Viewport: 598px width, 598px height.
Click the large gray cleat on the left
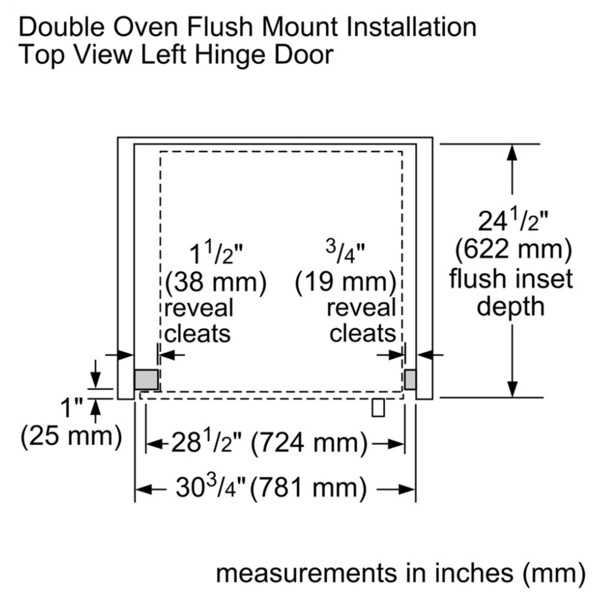point(146,380)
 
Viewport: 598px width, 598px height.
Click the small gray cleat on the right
point(410,380)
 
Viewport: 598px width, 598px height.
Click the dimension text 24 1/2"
point(513,221)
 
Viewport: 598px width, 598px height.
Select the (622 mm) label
point(513,250)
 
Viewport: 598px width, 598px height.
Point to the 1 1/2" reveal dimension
point(216,254)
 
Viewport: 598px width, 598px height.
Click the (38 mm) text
point(216,283)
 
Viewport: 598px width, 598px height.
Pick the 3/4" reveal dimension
point(346,252)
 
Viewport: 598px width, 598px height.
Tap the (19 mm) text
point(346,283)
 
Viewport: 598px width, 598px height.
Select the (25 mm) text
point(71,436)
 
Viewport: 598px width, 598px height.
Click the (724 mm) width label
point(309,444)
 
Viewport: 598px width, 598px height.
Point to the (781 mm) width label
point(308,488)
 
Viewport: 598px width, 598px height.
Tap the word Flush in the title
point(219,27)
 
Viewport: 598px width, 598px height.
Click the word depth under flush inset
point(510,307)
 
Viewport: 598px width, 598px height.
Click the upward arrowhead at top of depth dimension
point(512,152)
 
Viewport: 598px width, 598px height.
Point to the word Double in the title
point(62,27)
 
